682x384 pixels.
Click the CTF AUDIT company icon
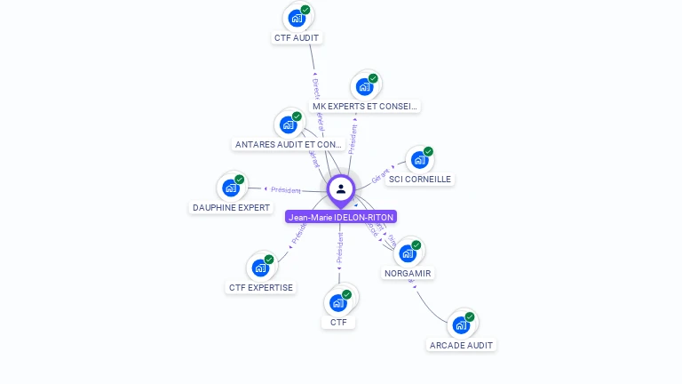pyautogui.click(x=297, y=18)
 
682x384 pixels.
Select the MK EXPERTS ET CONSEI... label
pyautogui.click(x=365, y=107)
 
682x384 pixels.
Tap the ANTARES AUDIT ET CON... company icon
pyautogui.click(x=289, y=124)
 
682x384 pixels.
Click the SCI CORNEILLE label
pyautogui.click(x=420, y=180)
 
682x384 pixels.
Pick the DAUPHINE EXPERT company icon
pyautogui.click(x=231, y=188)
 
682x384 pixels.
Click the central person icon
pyautogui.click(x=341, y=189)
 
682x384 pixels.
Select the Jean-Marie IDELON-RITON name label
pyautogui.click(x=341, y=217)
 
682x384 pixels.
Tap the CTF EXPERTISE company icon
pyautogui.click(x=260, y=268)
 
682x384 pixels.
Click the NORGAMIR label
pyautogui.click(x=408, y=274)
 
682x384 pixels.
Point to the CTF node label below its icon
pyautogui.click(x=338, y=323)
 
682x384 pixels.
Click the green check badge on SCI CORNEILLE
pyautogui.click(x=428, y=152)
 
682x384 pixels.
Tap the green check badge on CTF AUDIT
pyautogui.click(x=305, y=10)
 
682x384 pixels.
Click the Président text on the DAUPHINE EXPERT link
pyautogui.click(x=286, y=190)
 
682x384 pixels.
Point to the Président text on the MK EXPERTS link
pyautogui.click(x=353, y=139)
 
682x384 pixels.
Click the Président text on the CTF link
pyautogui.click(x=339, y=250)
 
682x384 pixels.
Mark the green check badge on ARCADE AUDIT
pyautogui.click(x=470, y=316)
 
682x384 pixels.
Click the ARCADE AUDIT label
pyautogui.click(x=462, y=345)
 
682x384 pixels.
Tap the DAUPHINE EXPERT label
pyautogui.click(x=231, y=208)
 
